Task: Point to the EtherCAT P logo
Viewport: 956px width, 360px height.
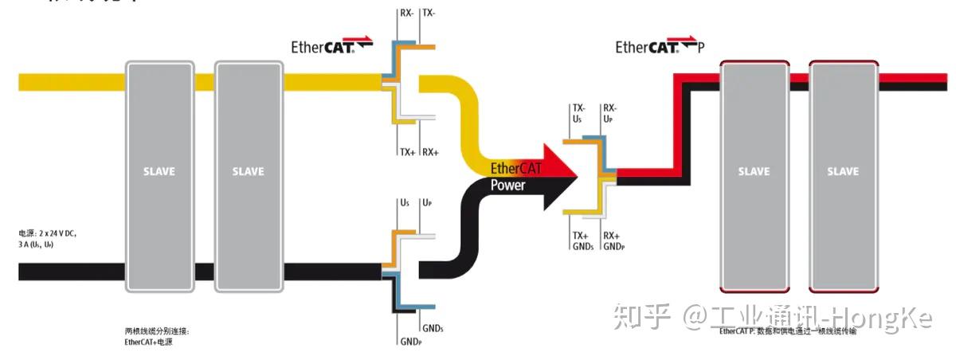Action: [x=660, y=47]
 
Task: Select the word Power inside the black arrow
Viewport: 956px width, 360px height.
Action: [x=507, y=185]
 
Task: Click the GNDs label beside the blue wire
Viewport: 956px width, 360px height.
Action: [x=433, y=328]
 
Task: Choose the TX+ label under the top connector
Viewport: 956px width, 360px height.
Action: [x=406, y=151]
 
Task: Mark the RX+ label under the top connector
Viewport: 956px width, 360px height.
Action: [x=431, y=151]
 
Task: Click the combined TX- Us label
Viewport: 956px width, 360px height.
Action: [x=578, y=113]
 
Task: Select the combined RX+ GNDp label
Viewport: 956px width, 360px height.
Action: [x=613, y=241]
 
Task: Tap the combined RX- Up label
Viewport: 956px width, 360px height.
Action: [x=609, y=113]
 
